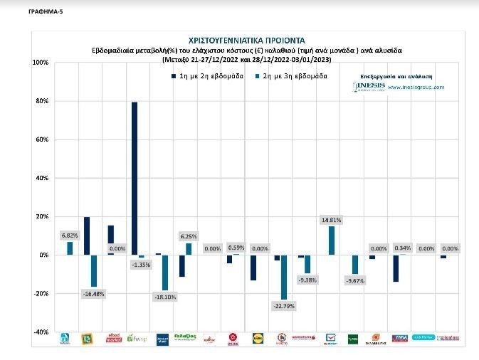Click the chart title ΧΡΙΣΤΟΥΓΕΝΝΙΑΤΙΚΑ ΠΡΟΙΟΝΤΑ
coord(246,41)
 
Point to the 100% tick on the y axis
coord(41,63)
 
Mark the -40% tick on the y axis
coord(41,332)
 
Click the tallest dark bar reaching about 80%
coord(135,178)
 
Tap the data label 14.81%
coord(331,221)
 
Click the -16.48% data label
coord(93,292)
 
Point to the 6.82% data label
coord(70,235)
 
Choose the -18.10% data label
coord(165,295)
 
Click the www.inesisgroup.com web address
coord(416,88)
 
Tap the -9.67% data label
coord(354,280)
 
